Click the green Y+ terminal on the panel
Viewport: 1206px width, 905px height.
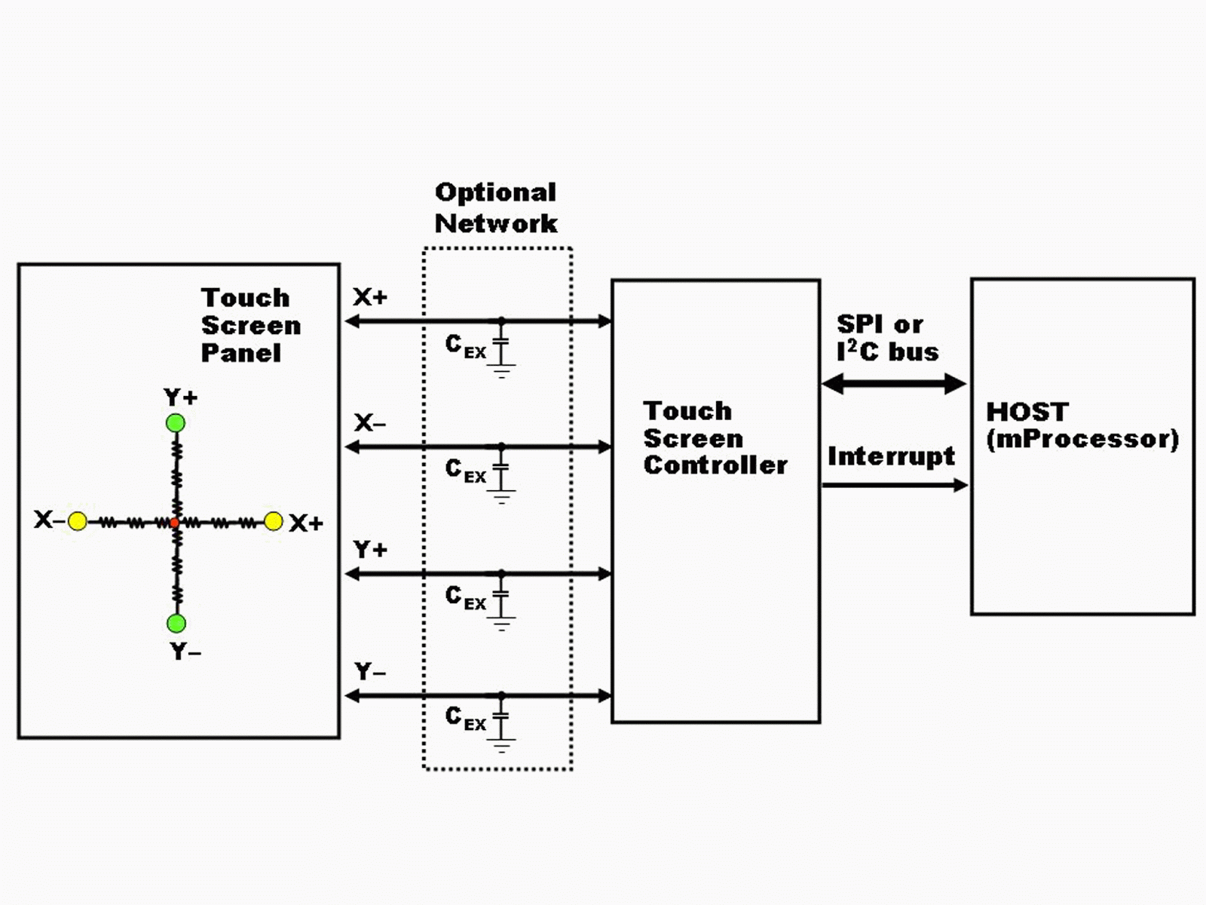click(176, 423)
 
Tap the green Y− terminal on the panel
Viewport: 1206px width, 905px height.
click(176, 623)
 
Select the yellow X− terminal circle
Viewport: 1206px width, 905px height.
click(78, 521)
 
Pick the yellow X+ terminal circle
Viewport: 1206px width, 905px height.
click(273, 521)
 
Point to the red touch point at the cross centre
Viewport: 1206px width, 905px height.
click(175, 523)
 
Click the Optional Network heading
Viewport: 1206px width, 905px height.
click(495, 208)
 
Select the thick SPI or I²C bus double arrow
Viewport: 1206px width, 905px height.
click(894, 384)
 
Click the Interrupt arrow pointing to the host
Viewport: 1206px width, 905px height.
click(895, 485)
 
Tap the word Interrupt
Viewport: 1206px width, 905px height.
click(891, 456)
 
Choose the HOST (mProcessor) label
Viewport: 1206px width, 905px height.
click(1082, 426)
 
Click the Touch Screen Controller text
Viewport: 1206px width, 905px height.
click(715, 438)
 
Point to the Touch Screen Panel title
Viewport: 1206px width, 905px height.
click(250, 325)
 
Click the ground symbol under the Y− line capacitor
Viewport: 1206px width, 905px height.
click(501, 745)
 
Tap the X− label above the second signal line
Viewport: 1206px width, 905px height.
click(370, 423)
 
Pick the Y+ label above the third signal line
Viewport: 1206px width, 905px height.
click(370, 550)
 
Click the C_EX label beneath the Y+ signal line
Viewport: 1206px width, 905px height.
click(465, 598)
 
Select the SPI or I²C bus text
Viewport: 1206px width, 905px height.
click(887, 338)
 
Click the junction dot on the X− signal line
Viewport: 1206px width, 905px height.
click(501, 446)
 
